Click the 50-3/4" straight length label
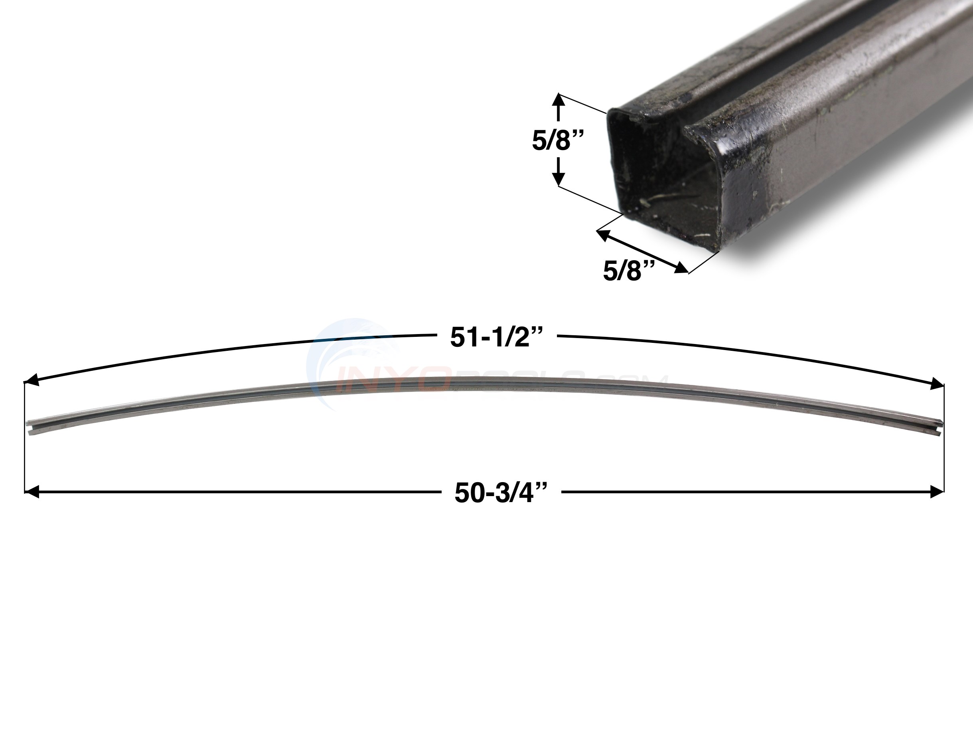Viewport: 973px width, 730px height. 501,493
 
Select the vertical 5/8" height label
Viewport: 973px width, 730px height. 558,141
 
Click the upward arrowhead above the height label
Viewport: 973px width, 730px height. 558,100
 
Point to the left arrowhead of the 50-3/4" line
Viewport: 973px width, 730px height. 32,492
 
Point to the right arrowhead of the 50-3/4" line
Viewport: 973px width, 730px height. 937,492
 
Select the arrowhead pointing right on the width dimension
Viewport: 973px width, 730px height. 681,267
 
